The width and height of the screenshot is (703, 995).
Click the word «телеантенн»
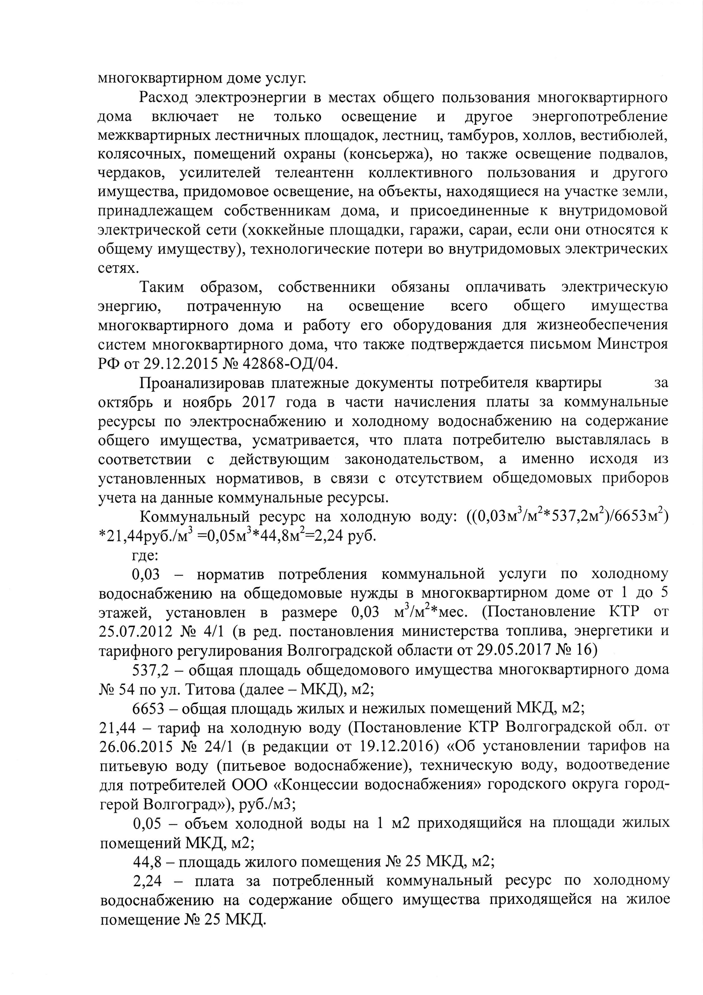click(x=314, y=173)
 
